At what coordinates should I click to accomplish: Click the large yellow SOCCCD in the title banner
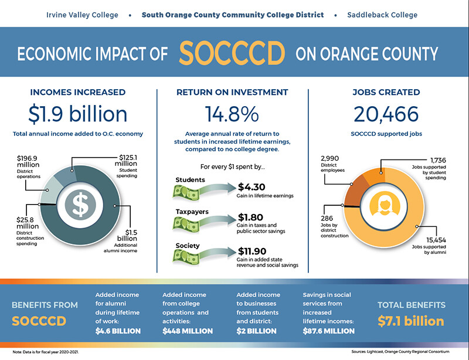click(x=232, y=54)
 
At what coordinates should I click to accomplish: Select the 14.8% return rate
click(x=233, y=114)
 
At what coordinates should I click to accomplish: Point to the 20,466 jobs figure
click(x=386, y=114)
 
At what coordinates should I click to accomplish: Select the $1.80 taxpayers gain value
click(x=252, y=218)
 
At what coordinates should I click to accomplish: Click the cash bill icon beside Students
click(x=186, y=191)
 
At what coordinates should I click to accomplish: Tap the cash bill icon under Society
click(x=186, y=256)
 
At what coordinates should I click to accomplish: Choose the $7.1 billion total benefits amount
click(x=410, y=321)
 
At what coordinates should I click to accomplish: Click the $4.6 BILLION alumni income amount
click(x=118, y=331)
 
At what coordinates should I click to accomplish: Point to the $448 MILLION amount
click(x=187, y=331)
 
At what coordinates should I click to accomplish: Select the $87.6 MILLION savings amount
click(x=328, y=331)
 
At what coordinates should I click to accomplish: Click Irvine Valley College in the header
click(x=82, y=15)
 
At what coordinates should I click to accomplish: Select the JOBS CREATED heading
click(x=386, y=92)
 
